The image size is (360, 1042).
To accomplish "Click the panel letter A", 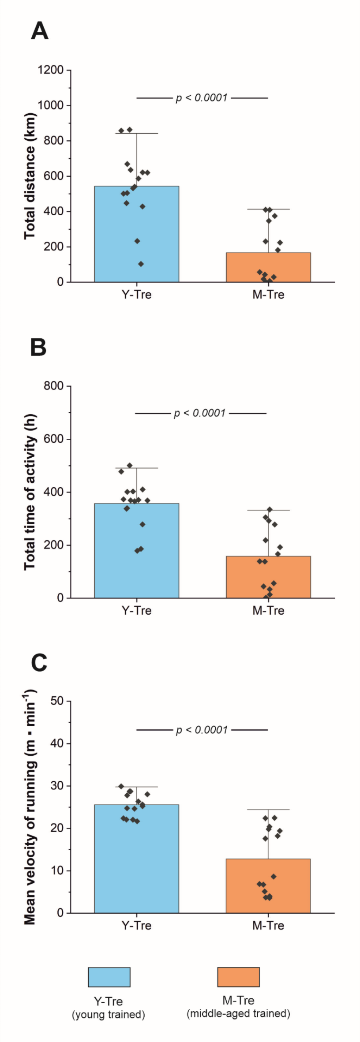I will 39,31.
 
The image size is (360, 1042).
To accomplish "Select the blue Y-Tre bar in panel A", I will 136,234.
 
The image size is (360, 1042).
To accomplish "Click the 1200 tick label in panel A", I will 51,70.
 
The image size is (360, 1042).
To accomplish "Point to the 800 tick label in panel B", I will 53,386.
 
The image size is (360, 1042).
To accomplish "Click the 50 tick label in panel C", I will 57,701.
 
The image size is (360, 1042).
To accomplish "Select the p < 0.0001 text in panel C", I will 202,730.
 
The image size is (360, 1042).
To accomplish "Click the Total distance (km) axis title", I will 30,176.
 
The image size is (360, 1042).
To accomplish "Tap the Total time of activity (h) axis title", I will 30,492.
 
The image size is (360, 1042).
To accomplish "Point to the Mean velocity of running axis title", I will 30,807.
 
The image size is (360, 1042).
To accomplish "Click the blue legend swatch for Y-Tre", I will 109,977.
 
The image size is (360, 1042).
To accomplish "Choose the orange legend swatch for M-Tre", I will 238,977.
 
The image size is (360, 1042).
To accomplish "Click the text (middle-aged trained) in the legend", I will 238,1013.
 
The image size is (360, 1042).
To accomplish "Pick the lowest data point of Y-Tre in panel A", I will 141,264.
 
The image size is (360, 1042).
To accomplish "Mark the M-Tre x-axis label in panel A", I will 268,295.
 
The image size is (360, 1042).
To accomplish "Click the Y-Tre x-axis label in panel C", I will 136,926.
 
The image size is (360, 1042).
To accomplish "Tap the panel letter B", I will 38,347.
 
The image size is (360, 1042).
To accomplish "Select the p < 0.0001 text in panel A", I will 202,98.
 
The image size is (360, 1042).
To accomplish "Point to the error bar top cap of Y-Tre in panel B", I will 136,468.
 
